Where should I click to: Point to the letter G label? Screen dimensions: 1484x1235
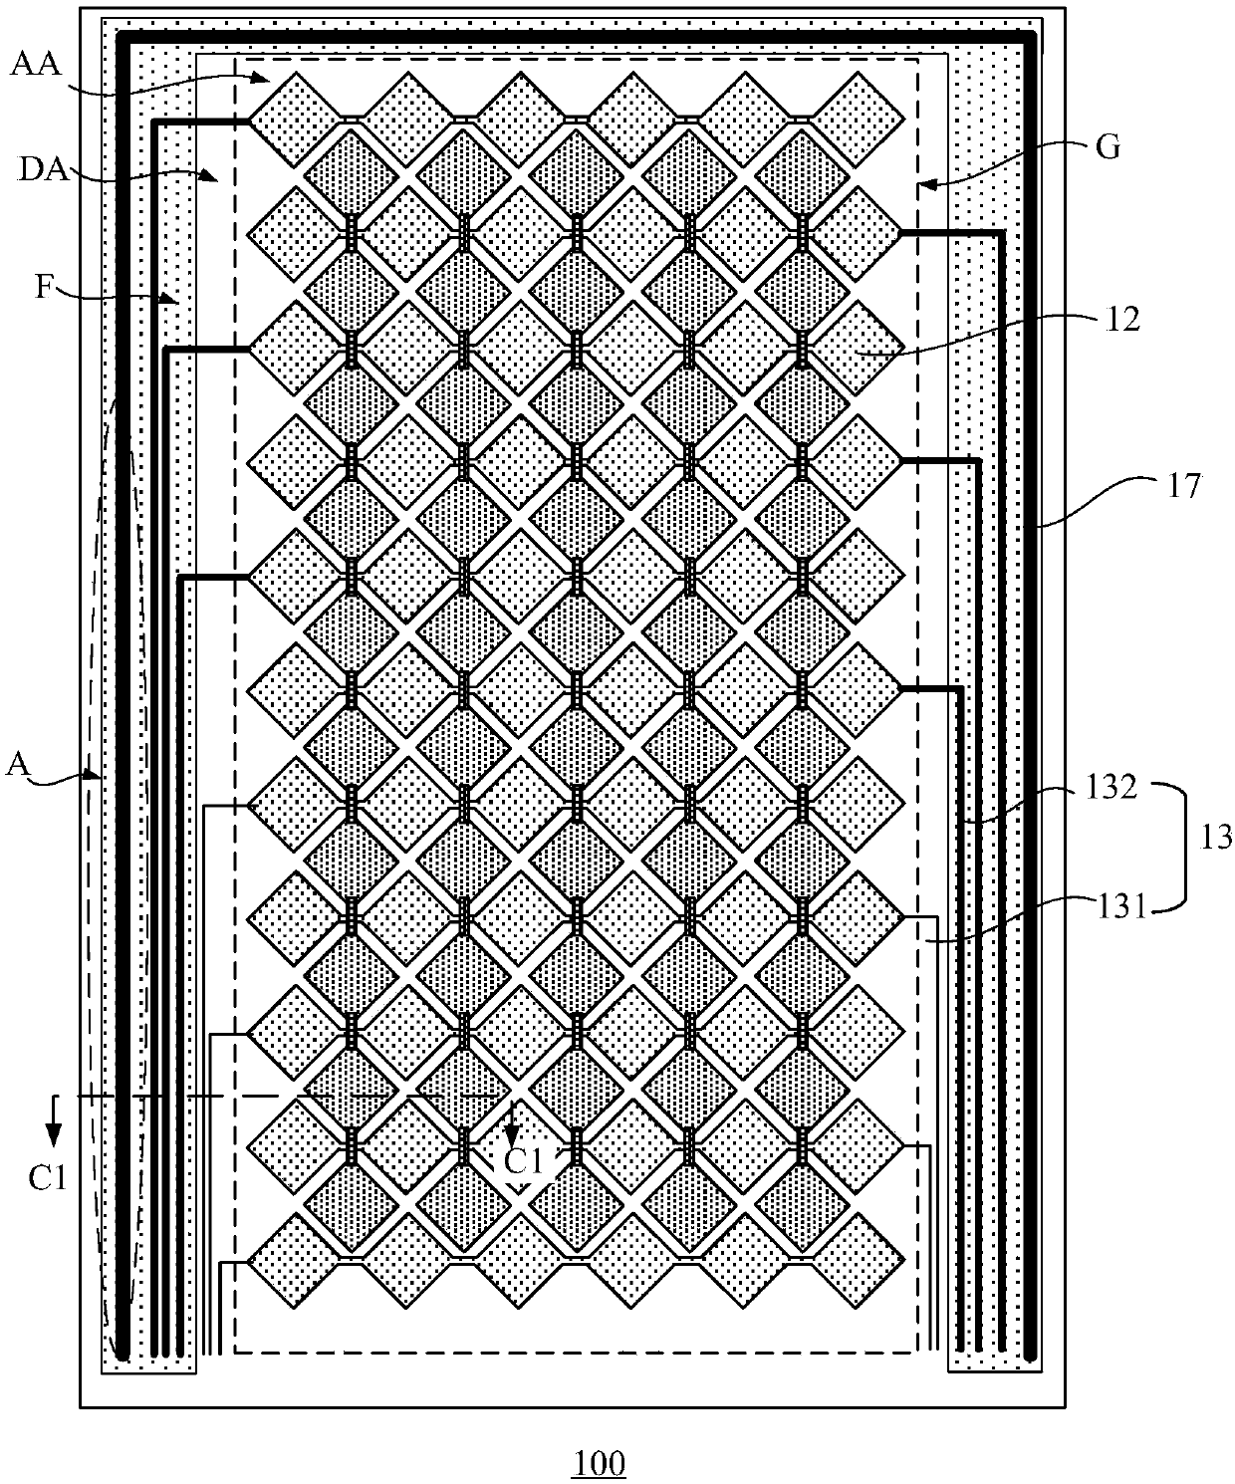(x=1108, y=147)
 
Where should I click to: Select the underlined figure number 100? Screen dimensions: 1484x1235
(x=599, y=1463)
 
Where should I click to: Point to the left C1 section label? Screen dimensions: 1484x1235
(x=47, y=1177)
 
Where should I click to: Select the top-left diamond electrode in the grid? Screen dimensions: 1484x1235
(x=293, y=120)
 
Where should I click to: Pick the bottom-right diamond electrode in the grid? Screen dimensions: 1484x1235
(x=859, y=1261)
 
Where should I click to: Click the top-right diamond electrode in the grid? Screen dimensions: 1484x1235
(x=859, y=120)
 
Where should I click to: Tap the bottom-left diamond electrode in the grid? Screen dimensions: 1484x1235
(x=293, y=1261)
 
